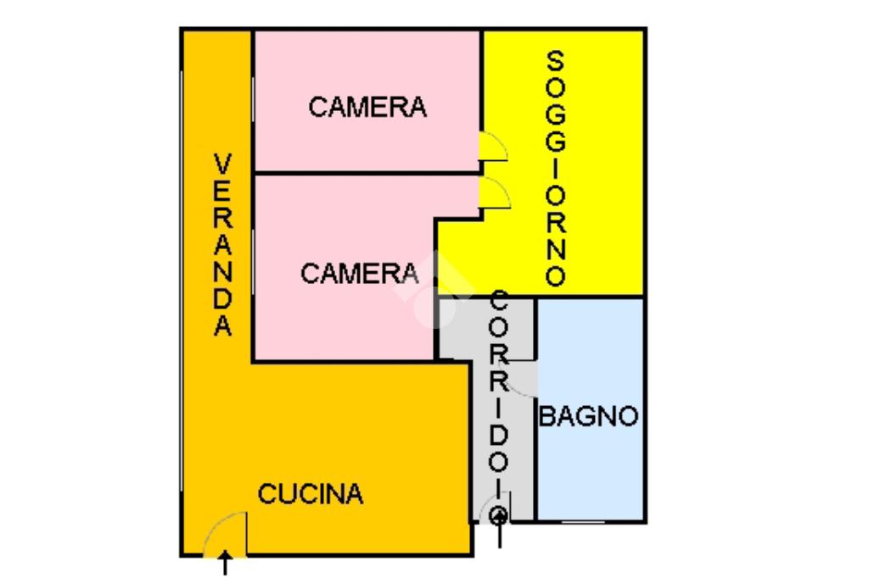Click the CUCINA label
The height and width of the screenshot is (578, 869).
311,494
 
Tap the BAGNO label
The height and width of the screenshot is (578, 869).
589,417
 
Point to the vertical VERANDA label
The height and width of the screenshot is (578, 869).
222,245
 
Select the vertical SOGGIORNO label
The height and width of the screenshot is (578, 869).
555,169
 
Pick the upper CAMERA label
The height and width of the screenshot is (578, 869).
367,108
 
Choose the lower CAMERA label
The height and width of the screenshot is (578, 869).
359,274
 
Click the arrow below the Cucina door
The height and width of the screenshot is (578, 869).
225,563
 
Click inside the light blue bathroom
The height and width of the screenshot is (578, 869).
589,466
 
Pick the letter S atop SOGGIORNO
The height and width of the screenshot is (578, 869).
555,62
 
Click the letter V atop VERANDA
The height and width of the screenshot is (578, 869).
222,164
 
